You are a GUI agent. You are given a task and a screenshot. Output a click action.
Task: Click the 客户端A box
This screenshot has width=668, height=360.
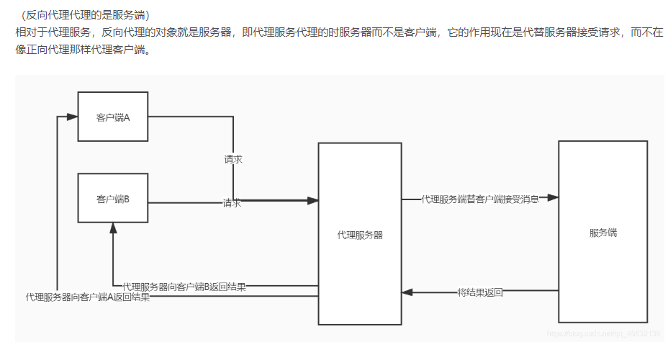point(112,117)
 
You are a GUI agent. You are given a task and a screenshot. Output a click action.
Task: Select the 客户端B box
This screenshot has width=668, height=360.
point(112,199)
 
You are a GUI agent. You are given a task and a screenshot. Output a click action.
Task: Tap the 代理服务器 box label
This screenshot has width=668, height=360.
point(360,235)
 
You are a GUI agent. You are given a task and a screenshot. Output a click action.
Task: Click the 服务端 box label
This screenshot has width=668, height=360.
point(603,233)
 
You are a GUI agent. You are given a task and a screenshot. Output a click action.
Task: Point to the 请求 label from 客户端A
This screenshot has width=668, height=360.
point(233,159)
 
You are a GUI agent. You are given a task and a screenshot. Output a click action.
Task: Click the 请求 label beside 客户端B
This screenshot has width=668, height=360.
point(232,203)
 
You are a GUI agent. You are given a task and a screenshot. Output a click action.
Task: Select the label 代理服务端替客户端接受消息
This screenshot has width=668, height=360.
point(479,199)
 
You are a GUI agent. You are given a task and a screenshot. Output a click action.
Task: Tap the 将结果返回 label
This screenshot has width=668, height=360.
point(480,292)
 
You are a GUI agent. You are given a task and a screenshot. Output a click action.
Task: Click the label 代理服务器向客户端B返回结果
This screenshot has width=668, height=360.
point(184,287)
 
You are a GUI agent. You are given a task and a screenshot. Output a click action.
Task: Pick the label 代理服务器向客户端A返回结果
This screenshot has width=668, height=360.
point(88,297)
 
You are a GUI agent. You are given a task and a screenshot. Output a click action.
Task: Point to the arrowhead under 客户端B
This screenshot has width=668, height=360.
point(113,228)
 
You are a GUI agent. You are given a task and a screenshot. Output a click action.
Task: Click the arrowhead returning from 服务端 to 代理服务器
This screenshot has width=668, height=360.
point(407,292)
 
